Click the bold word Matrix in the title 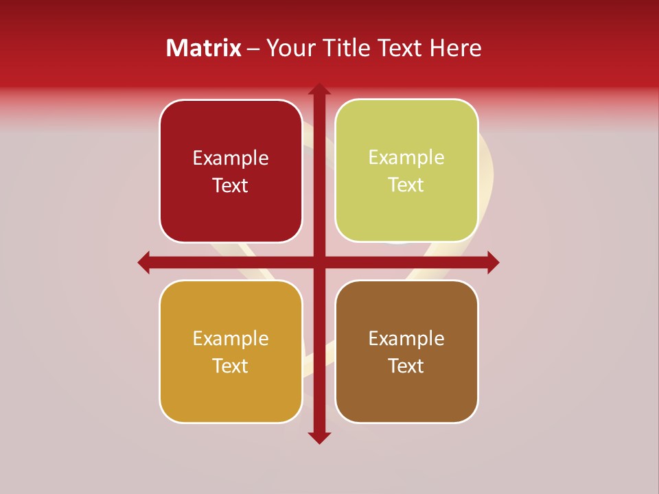point(203,48)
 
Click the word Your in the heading point(289,48)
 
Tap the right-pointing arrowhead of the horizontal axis point(493,262)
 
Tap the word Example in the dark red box point(231,158)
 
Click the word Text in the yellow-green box point(406,185)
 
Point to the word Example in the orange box point(231,338)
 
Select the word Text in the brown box point(406,366)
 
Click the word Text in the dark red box point(231,186)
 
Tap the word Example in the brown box point(406,338)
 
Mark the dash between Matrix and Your point(253,49)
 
